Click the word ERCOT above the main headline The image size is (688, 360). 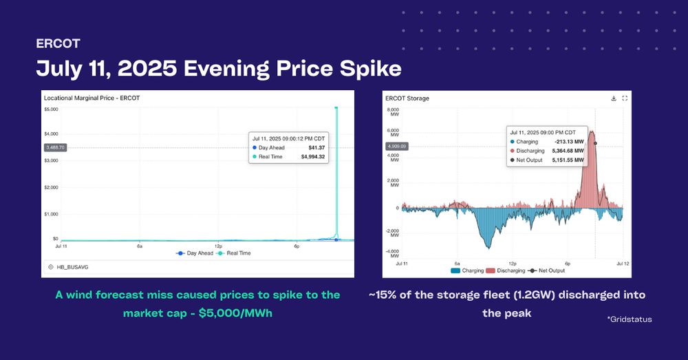pos(58,44)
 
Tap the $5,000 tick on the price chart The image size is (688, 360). pos(51,109)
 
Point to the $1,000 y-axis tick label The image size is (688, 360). pos(51,214)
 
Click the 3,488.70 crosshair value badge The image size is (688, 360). pos(55,147)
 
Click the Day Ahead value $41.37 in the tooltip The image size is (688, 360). pos(316,147)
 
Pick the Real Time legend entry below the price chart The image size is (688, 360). pos(235,253)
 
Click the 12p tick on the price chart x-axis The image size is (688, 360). pos(218,245)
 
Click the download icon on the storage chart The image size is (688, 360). pos(613,98)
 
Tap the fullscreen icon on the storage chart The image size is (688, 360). pos(625,98)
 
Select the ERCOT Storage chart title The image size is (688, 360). pos(407,98)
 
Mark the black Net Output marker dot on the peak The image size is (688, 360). pos(595,143)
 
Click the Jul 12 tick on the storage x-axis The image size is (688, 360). pos(622,263)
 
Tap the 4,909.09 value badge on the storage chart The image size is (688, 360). pos(397,146)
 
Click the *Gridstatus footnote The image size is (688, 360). pos(629,319)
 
